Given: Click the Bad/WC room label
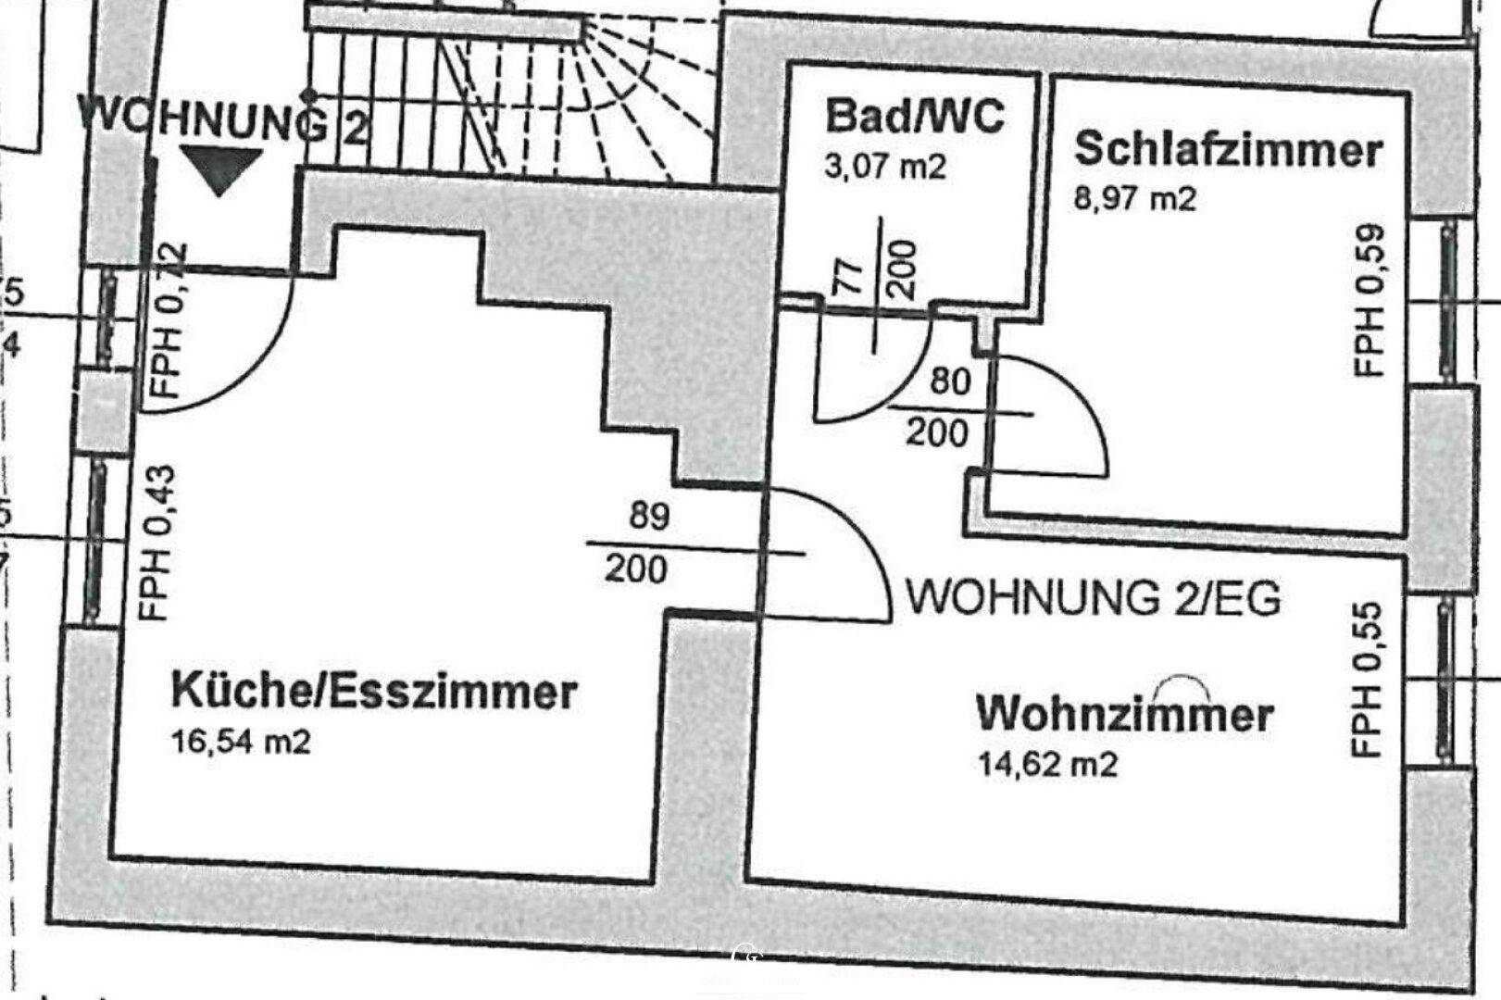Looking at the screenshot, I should tap(914, 118).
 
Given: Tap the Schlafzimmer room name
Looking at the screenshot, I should tap(1228, 150).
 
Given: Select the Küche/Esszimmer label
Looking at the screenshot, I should tap(374, 691).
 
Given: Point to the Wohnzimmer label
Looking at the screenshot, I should tap(1125, 715).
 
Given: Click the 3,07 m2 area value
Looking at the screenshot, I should tap(885, 168).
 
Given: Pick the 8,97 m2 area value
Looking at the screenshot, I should tap(1134, 198).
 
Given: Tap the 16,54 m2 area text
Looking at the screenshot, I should tap(241, 742).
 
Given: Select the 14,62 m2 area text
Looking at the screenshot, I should tap(1047, 764).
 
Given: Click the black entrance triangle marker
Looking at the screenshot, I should tap(219, 169).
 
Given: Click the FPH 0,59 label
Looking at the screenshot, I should tap(1370, 301).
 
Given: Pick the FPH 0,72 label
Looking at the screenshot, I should tap(168, 319).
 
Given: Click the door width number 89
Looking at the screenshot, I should tap(649, 516).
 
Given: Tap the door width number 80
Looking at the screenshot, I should tap(949, 381).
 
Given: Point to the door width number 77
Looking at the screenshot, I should tap(849, 275).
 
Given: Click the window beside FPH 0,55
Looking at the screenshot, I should tap(1445, 681).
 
